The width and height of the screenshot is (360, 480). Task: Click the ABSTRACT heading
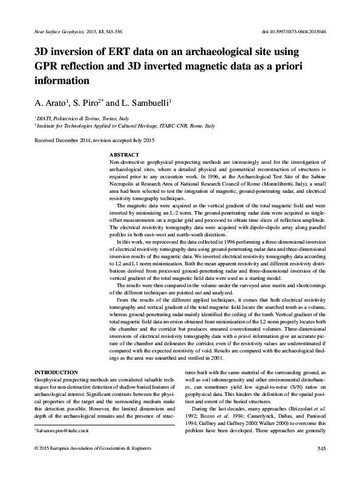pos(123,155)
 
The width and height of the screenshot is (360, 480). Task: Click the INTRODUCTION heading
pos(56,371)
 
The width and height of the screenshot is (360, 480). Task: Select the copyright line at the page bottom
pos(94,464)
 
